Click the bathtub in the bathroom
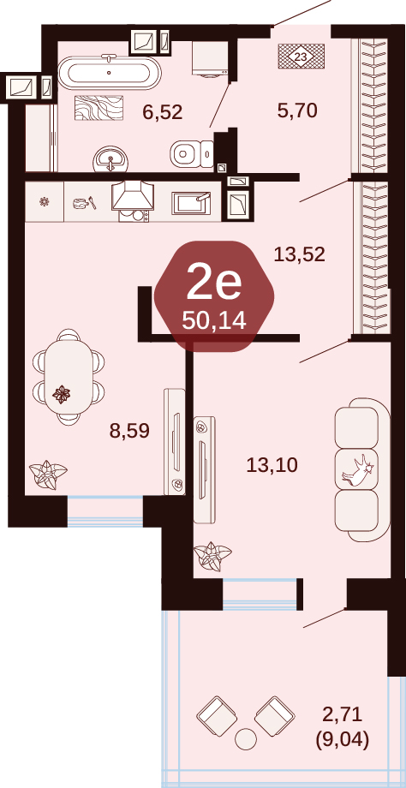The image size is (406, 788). tap(109, 72)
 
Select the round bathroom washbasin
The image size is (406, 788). tap(110, 159)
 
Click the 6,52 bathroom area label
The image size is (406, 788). tap(162, 112)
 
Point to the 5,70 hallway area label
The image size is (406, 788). tap(297, 110)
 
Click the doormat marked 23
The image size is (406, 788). tap(301, 57)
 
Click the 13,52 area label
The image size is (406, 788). tap(300, 254)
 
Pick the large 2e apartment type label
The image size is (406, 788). tap(214, 284)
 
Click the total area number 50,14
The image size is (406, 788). tap(214, 319)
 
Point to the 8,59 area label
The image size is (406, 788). tap(129, 431)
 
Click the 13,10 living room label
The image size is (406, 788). tap(272, 465)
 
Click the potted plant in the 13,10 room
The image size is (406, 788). tap(212, 557)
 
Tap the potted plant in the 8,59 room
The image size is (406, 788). tap(48, 475)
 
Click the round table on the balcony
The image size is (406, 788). tap(246, 739)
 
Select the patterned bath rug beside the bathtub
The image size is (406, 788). tap(99, 108)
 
